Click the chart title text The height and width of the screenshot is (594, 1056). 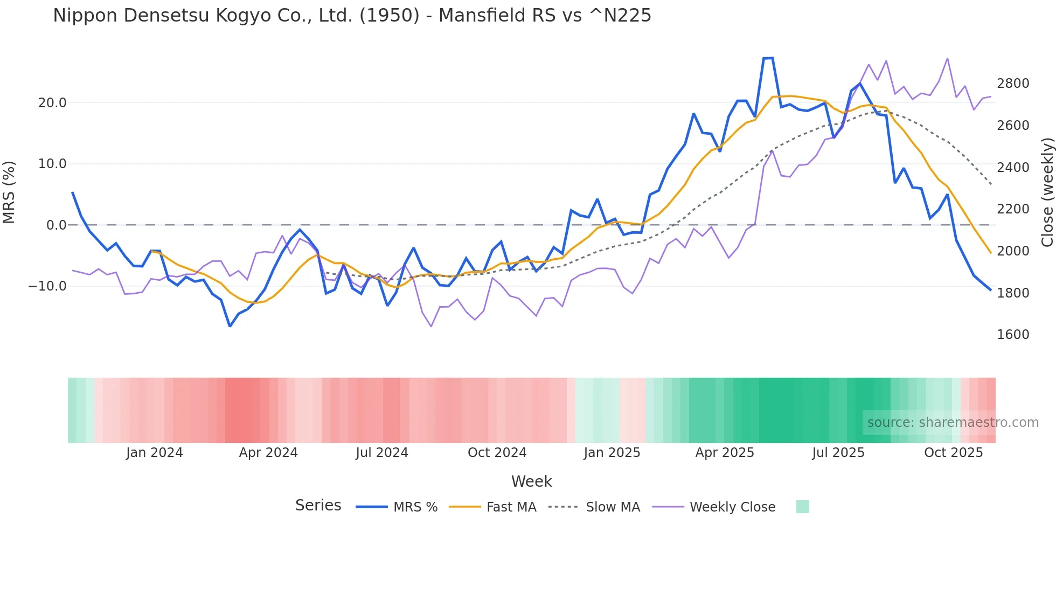coord(352,16)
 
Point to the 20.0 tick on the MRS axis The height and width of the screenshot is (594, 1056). coord(52,103)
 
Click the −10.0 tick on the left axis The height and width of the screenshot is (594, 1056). coord(47,286)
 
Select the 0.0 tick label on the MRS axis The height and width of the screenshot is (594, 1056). coord(57,225)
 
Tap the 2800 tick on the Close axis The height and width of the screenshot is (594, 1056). coord(1013,84)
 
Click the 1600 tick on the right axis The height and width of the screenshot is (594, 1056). coord(1013,335)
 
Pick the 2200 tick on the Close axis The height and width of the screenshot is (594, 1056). coord(1013,209)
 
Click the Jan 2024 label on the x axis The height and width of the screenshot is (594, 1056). coord(155,453)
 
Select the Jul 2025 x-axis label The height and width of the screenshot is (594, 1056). coord(838,453)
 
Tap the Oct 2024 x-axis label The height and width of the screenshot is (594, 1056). coord(497,453)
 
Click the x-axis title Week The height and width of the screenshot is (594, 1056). coord(531,481)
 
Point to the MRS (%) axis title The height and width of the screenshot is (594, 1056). coord(9,192)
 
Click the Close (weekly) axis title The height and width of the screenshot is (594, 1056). coord(1047,192)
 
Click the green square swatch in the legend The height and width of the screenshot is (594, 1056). coord(802,507)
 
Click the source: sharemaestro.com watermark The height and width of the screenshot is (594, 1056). coord(953,423)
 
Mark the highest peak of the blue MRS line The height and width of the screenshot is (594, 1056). coord(768,58)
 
